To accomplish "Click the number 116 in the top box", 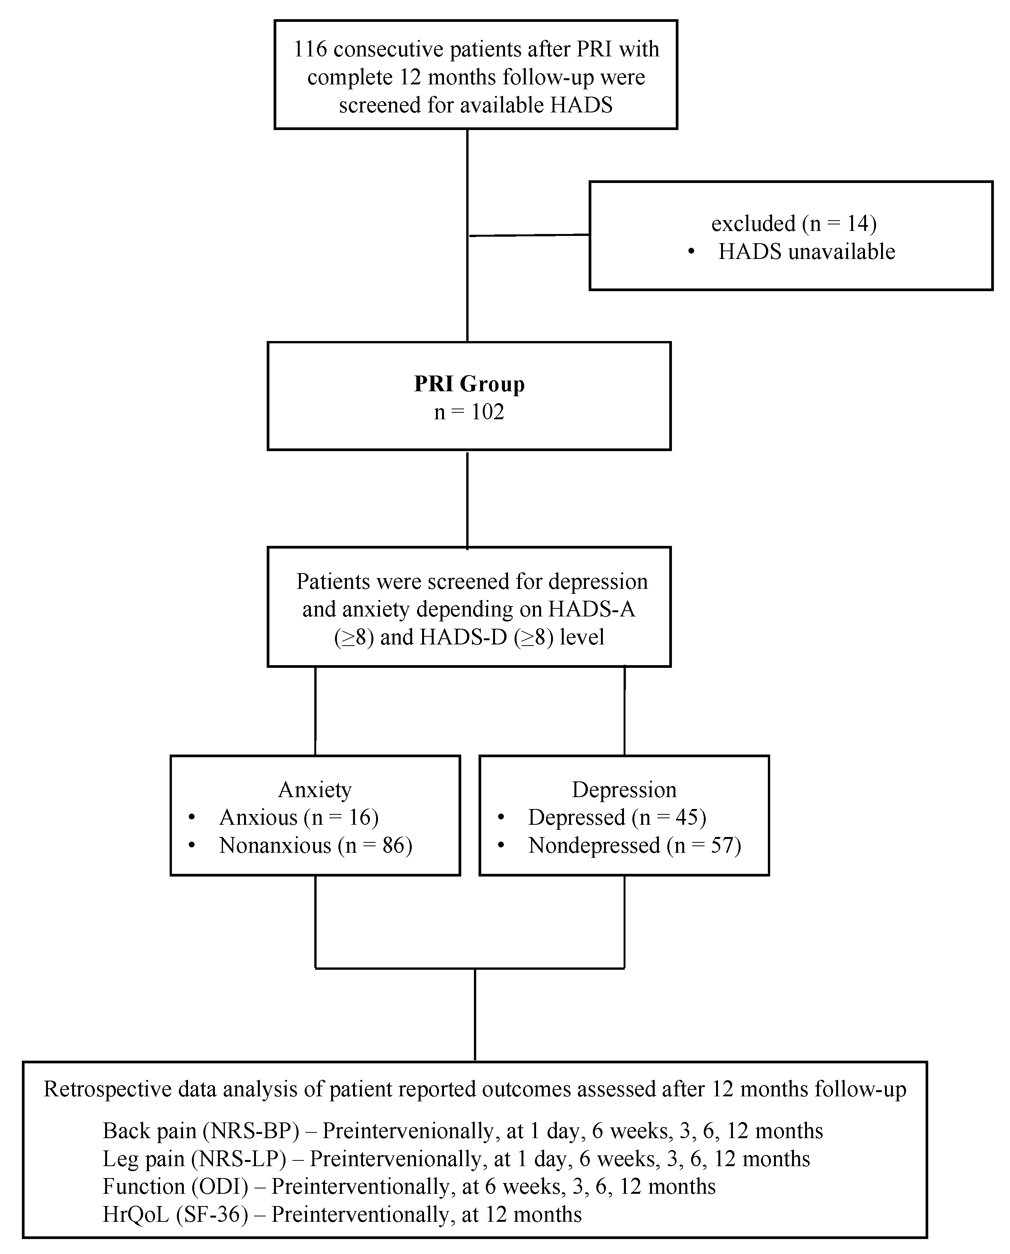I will click(x=310, y=49).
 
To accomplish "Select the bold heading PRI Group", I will click(x=469, y=384).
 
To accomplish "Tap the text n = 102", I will click(x=469, y=412).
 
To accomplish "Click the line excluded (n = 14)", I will click(x=794, y=223).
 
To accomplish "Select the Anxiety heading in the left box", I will click(x=315, y=790).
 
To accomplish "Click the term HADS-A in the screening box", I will click(x=592, y=609).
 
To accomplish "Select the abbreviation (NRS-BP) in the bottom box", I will click(x=250, y=1131).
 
